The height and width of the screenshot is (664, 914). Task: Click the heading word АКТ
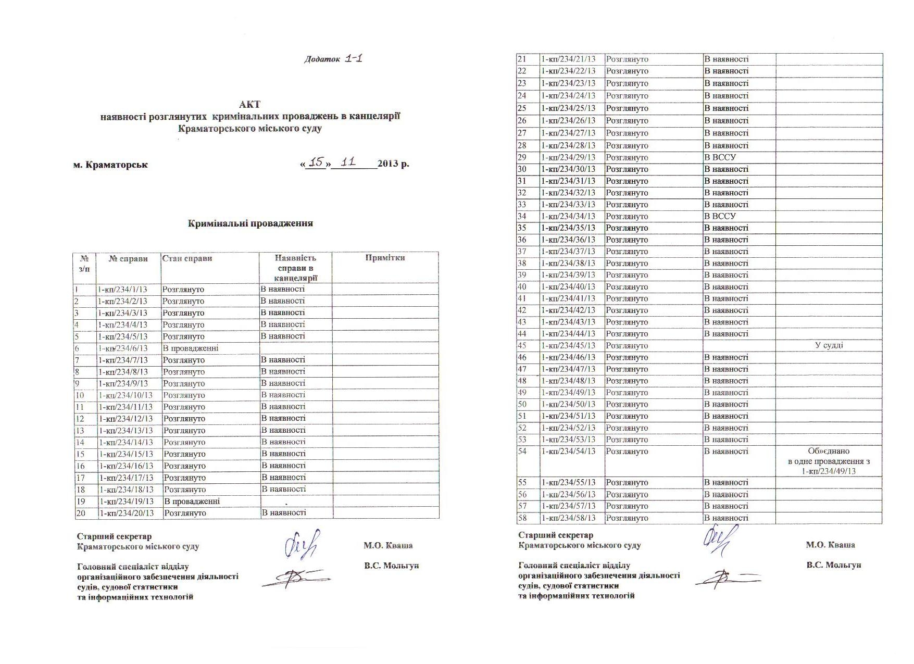pos(249,104)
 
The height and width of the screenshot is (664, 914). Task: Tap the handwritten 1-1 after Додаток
pos(353,58)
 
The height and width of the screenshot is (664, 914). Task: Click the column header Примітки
pos(385,258)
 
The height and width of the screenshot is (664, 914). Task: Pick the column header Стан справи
pos(187,258)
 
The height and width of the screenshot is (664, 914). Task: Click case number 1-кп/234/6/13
pos(123,348)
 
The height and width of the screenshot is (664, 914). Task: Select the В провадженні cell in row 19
pos(192,501)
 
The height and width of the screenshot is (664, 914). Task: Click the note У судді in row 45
pos(829,345)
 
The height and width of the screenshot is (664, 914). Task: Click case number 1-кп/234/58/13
pos(568,518)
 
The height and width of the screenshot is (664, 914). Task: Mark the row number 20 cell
pos(81,513)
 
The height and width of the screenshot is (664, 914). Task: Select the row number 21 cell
pos(522,59)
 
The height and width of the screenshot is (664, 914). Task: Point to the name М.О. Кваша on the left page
pos(388,546)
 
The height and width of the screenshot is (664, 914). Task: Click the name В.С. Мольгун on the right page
pos(833,565)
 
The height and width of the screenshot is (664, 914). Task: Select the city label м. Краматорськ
pos(110,165)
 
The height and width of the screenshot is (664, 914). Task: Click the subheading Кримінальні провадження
pos(250,223)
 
